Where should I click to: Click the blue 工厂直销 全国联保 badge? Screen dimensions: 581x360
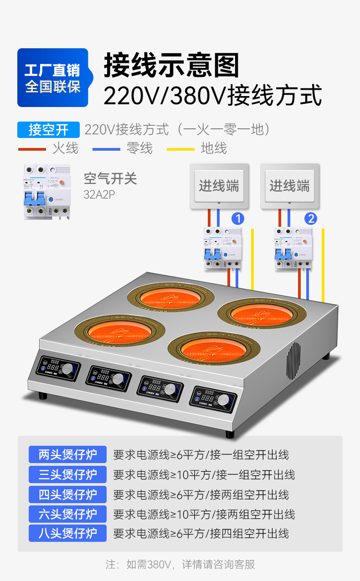point(52,78)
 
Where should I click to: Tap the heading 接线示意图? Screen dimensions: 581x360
point(171,65)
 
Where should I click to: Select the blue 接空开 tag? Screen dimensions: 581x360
point(48,130)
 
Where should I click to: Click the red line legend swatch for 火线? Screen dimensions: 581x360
point(32,149)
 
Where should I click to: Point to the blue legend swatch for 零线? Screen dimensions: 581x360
point(106,149)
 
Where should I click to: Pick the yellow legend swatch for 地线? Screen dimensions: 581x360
point(181,149)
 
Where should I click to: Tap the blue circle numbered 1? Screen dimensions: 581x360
point(237,219)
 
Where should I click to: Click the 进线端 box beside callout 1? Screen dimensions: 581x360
point(219,186)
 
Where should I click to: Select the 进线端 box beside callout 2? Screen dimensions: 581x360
point(289,186)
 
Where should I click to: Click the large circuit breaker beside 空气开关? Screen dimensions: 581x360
point(47,192)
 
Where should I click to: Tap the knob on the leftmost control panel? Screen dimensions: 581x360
point(68,369)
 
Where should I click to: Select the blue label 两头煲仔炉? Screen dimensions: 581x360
point(67,454)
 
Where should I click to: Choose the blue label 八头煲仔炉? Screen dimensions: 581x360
point(67,533)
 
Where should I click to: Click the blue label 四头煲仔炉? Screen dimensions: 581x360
point(67,494)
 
